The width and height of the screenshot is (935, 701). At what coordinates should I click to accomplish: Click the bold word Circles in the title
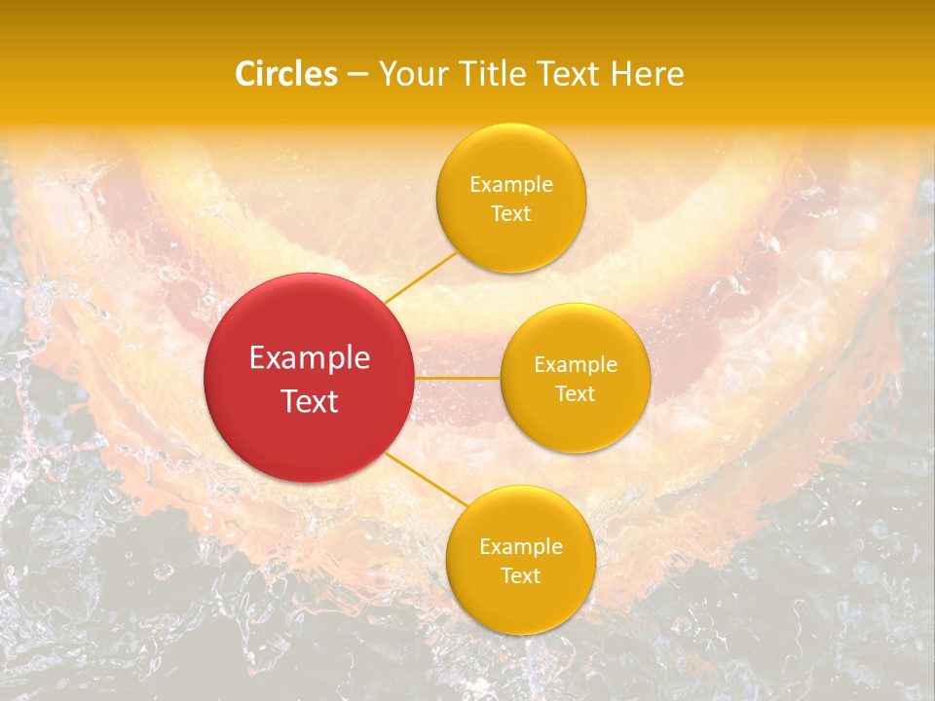tap(286, 74)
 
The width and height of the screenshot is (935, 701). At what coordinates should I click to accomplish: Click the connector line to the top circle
tap(421, 277)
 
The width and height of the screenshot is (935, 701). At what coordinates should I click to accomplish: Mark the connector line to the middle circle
tap(457, 377)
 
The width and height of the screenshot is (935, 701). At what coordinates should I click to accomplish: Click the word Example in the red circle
tap(310, 358)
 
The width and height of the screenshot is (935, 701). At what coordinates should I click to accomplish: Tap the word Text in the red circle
tap(310, 400)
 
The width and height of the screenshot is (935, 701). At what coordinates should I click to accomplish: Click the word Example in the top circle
tap(511, 185)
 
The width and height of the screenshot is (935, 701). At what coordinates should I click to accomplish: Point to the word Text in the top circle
tap(510, 213)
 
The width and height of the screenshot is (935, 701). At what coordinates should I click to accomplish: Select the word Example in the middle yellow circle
tap(576, 365)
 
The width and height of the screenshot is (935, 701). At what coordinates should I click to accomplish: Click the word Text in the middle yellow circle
tap(575, 393)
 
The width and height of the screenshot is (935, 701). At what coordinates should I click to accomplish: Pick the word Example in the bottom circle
tap(521, 547)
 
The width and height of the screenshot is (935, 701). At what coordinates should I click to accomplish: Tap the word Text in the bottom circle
tap(520, 575)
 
